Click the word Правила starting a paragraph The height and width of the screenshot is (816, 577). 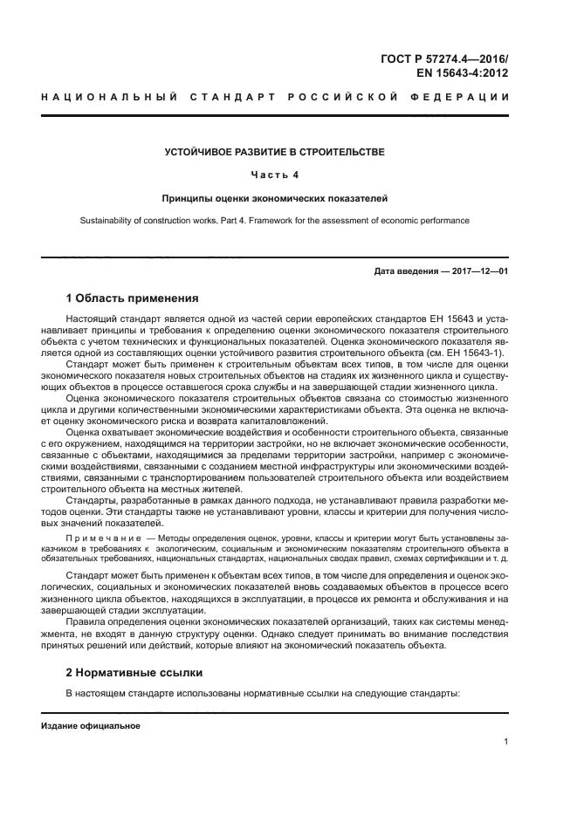point(87,622)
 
